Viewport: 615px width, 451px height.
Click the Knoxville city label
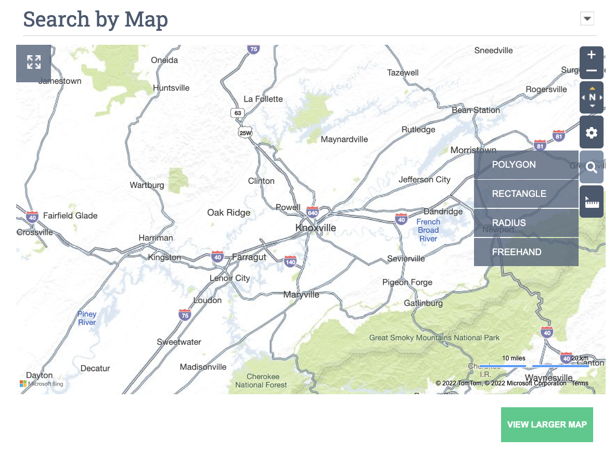pyautogui.click(x=315, y=228)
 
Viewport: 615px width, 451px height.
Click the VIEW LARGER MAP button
pyautogui.click(x=547, y=424)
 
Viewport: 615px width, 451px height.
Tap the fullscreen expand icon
pyautogui.click(x=34, y=62)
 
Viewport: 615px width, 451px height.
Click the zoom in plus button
pyautogui.click(x=592, y=55)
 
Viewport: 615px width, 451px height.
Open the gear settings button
pyautogui.click(x=592, y=133)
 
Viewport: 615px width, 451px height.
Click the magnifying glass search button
pyautogui.click(x=592, y=167)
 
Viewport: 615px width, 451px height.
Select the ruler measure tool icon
pyautogui.click(x=592, y=202)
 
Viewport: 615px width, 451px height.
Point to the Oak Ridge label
pyautogui.click(x=228, y=212)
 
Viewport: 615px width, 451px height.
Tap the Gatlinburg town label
pyautogui.click(x=424, y=303)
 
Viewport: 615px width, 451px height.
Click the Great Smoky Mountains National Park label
pyautogui.click(x=434, y=337)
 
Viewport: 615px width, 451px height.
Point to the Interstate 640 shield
pyautogui.click(x=313, y=212)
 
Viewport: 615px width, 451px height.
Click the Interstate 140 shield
pyautogui.click(x=290, y=261)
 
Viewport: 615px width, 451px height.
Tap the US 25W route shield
pyautogui.click(x=245, y=133)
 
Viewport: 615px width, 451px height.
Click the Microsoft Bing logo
pyautogui.click(x=42, y=384)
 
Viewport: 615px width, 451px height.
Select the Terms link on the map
pyautogui.click(x=580, y=383)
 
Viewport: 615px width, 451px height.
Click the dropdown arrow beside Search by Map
pyautogui.click(x=587, y=19)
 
